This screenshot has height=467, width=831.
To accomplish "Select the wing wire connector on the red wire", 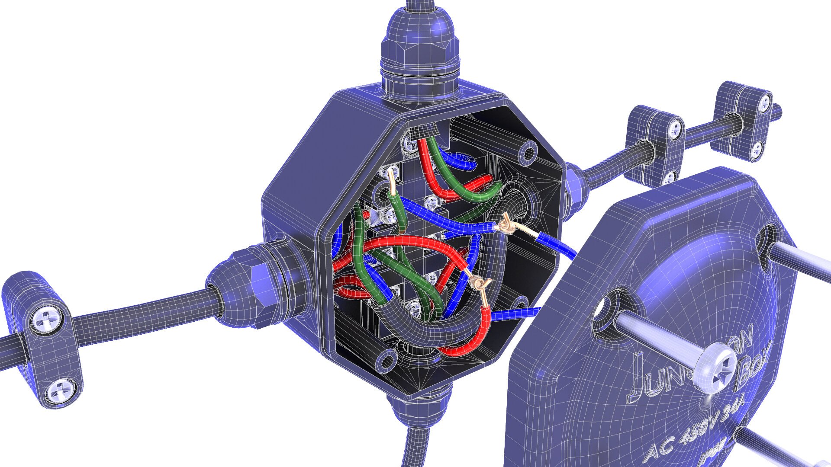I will pos(478,283).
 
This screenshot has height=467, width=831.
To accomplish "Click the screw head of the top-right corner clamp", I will pos(765,102).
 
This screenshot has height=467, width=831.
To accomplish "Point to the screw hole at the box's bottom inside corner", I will pos(386,358).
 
